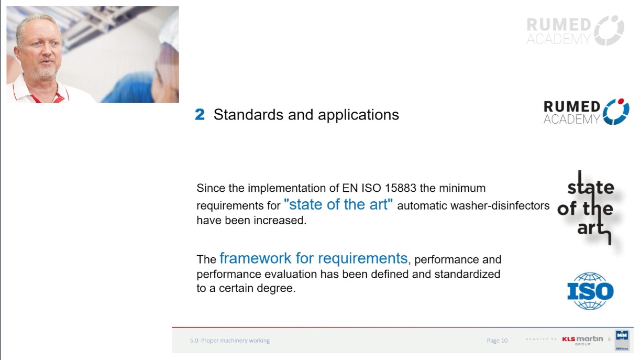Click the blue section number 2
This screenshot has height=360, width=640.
pyautogui.click(x=200, y=115)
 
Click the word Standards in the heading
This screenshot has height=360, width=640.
pyautogui.click(x=249, y=115)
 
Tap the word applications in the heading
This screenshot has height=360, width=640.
pyautogui.click(x=358, y=115)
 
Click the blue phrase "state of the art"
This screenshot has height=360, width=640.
pyautogui.click(x=338, y=204)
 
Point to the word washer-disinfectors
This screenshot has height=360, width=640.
pyautogui.click(x=500, y=205)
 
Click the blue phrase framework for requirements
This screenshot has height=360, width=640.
pyautogui.click(x=313, y=258)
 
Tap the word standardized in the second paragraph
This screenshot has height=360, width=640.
pyautogui.click(x=467, y=274)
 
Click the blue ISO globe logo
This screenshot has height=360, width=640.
pyautogui.click(x=590, y=291)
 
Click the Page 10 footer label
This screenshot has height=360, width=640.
pyautogui.click(x=497, y=340)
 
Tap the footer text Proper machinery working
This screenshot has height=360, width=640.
pyautogui.click(x=235, y=340)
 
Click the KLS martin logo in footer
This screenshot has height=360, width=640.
pyautogui.click(x=582, y=340)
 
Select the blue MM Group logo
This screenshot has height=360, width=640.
pyautogui.click(x=622, y=340)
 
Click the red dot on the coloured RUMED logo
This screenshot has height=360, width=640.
pyautogui.click(x=621, y=101)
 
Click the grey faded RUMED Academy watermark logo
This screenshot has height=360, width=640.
pyautogui.click(x=575, y=30)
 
